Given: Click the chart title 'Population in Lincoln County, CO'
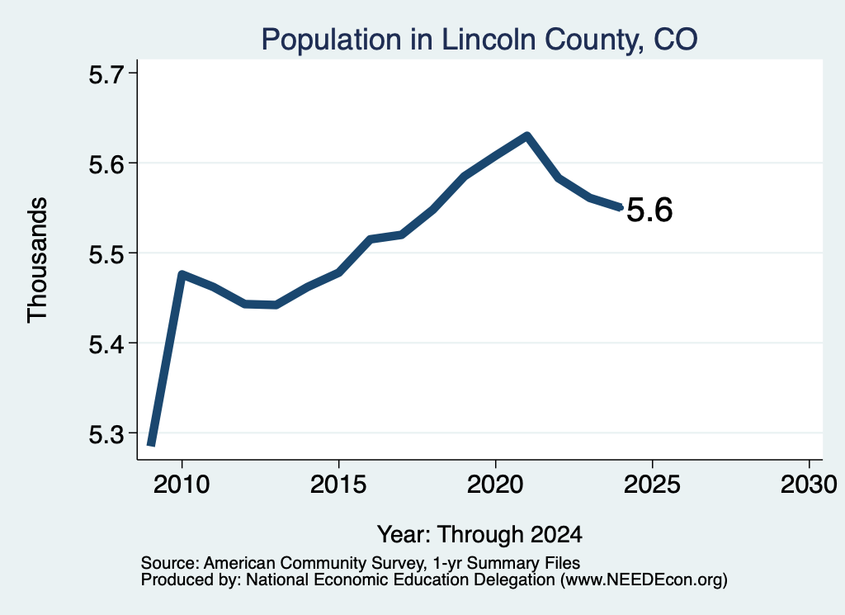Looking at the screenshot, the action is click(x=479, y=40).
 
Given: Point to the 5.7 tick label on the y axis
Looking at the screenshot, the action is click(x=106, y=74).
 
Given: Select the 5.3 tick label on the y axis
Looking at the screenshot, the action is click(x=106, y=434).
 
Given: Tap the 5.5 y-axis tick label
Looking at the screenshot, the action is click(x=106, y=254).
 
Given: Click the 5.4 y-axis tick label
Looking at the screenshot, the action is click(x=106, y=344).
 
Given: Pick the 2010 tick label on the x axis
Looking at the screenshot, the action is click(x=182, y=485).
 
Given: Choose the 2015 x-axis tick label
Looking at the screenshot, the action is click(x=338, y=485).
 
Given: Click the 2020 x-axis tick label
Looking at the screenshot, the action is click(x=495, y=485).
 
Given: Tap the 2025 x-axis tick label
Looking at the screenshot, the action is click(x=652, y=485).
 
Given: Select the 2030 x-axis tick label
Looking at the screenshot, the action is click(x=809, y=485).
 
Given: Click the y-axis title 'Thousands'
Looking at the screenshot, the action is click(x=37, y=260).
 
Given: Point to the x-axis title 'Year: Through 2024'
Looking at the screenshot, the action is click(x=479, y=535).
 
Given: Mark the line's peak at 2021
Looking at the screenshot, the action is click(x=527, y=135).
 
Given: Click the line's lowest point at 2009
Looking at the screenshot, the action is click(x=152, y=444).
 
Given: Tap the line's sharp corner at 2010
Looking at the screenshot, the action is click(x=181, y=274).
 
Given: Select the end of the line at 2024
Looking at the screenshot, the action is click(x=621, y=207).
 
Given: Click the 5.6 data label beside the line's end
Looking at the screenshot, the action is click(x=649, y=211).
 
